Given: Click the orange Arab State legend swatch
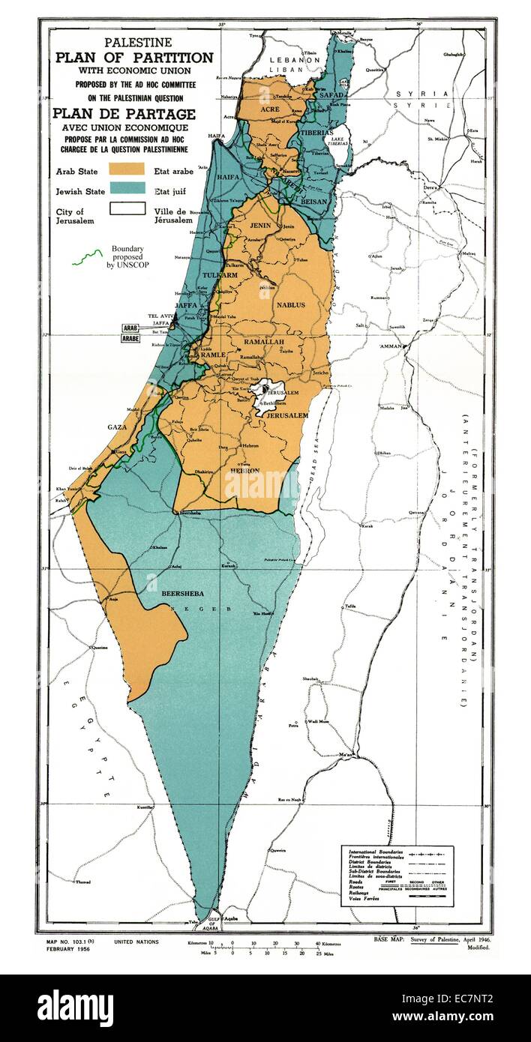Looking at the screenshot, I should coord(127,171).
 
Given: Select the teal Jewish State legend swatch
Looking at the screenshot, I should coord(127,190).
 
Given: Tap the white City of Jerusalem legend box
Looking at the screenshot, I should coord(127,210).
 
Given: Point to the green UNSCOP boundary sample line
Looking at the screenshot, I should coord(87,257).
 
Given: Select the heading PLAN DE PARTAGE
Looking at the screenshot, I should coord(124,114).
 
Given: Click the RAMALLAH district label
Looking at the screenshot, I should coord(263,341).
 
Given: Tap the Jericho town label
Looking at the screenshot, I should coord(322,373).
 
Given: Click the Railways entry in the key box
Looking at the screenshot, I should coord(359,890).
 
